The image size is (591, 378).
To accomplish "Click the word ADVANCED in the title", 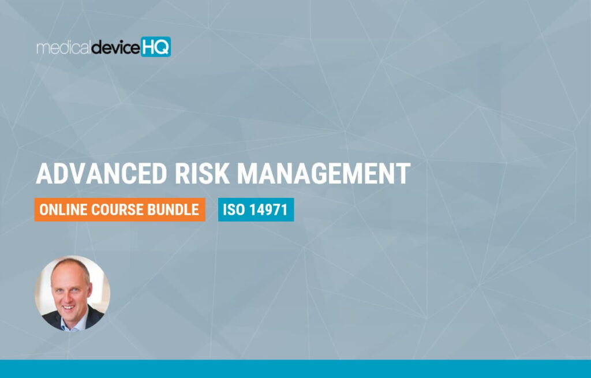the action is (102, 174).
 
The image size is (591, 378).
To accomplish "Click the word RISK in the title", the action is (201, 174).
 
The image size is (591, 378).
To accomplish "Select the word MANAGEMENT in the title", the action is (323, 174).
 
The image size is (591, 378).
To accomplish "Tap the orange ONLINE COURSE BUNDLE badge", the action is (120, 209).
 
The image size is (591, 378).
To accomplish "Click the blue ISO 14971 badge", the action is (256, 209).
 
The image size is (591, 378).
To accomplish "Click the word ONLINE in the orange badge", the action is (63, 210).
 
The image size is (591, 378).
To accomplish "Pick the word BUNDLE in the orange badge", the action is (173, 210).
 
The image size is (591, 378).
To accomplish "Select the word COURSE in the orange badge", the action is (117, 210).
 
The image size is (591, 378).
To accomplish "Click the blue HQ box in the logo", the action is (156, 47).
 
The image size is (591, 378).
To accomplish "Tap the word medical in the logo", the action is (63, 48).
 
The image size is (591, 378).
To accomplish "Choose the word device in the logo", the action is (115, 48).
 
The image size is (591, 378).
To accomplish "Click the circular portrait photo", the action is (72, 294).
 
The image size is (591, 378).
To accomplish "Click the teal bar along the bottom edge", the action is (295, 369).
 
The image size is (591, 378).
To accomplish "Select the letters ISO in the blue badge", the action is (234, 210).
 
